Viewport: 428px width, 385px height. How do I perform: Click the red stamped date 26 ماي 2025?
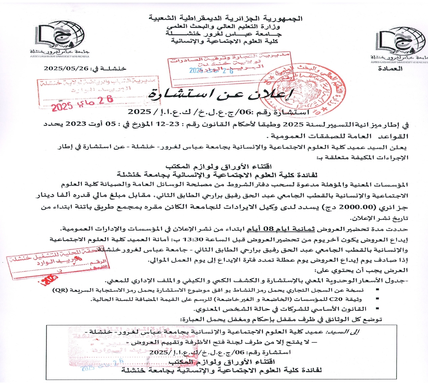tap(82, 103)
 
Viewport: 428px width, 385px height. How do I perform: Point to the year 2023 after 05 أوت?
tap(78, 124)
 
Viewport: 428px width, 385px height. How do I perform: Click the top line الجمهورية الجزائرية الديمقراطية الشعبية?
tap(227, 18)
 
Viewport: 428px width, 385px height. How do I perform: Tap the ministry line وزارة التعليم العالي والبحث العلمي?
tap(226, 26)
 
